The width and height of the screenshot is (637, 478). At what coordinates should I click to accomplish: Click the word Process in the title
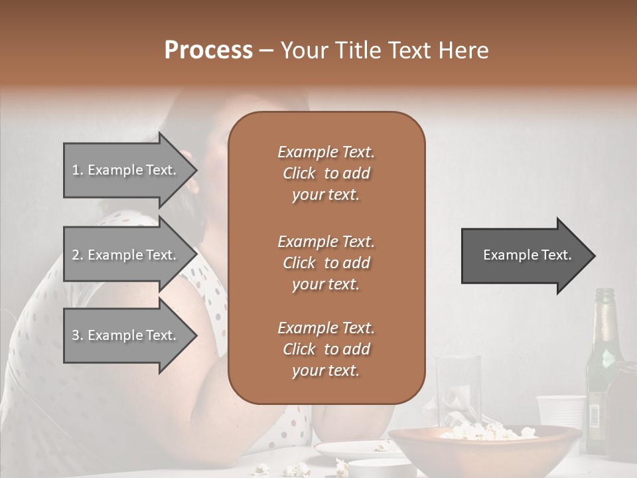[208, 50]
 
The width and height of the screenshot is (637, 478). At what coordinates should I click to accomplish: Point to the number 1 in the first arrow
[76, 170]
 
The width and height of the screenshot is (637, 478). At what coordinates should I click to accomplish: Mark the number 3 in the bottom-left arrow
[76, 335]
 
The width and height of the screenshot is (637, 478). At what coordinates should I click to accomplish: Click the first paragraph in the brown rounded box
[326, 173]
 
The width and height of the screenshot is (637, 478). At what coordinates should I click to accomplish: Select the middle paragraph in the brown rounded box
[326, 263]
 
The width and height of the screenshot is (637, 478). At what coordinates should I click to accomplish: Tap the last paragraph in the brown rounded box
[326, 349]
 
